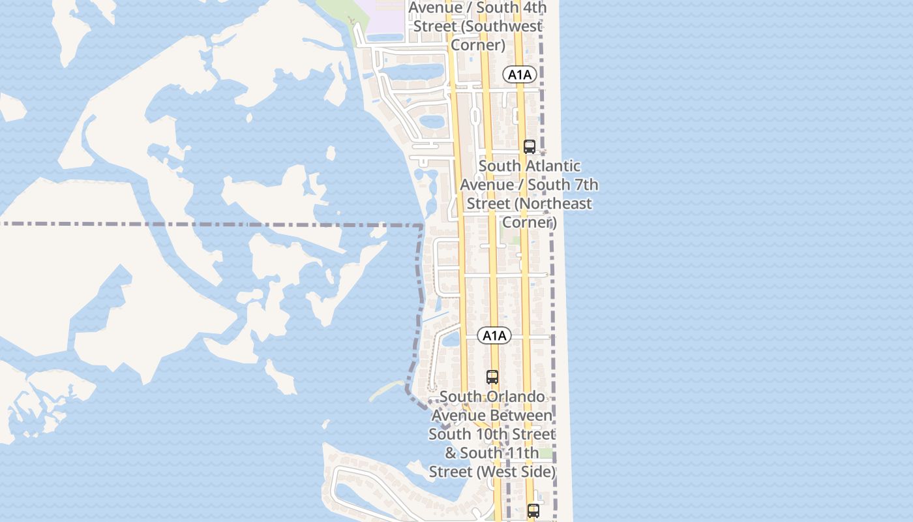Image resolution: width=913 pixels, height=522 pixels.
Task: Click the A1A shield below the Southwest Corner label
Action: tap(520, 74)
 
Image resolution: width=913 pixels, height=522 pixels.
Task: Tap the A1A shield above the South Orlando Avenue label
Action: tap(494, 336)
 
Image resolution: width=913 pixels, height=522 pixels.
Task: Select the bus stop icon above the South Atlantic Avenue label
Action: tap(530, 147)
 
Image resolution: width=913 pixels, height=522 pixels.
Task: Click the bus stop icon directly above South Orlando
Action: tap(492, 377)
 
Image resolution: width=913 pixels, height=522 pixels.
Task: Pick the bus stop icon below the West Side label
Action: tap(533, 511)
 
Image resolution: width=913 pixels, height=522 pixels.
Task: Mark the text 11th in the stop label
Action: tap(522, 452)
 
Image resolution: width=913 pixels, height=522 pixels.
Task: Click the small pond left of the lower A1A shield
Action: tap(451, 339)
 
